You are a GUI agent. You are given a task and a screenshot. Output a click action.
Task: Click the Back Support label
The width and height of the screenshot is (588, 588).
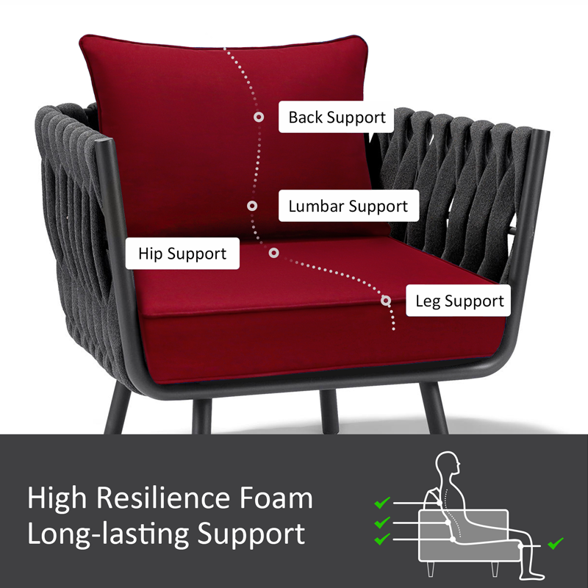336,117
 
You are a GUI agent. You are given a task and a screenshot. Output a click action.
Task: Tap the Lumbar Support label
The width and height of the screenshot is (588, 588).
348,206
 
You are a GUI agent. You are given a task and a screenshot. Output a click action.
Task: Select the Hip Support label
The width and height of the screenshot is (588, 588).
182,254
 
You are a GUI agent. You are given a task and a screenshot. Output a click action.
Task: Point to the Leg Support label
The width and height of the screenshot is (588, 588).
458,301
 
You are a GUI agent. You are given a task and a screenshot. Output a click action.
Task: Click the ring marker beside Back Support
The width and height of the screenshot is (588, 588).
259,117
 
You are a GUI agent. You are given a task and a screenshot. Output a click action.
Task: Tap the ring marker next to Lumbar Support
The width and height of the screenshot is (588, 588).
252,206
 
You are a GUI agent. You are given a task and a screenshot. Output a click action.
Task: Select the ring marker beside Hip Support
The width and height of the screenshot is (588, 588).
273,253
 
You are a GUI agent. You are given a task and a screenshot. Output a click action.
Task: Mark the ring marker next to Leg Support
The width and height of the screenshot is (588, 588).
385,301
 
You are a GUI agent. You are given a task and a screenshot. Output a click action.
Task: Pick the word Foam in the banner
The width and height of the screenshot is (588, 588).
276,498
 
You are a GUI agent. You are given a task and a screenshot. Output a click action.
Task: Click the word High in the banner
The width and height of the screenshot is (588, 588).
57,499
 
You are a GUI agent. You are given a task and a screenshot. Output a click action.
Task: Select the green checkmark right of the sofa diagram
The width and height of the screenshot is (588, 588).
556,543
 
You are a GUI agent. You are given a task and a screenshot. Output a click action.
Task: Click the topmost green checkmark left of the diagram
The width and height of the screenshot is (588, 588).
382,503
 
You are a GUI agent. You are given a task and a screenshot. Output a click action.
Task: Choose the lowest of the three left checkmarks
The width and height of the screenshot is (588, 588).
382,539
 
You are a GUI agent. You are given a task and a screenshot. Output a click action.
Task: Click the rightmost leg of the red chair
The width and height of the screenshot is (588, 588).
434,408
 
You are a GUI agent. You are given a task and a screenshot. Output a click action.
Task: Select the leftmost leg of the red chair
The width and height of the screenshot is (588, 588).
118,408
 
